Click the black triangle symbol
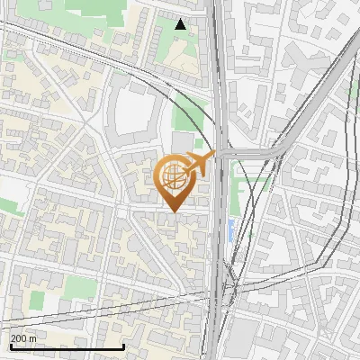181,24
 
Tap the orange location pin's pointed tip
173,211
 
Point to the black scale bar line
67,347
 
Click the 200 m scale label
23,338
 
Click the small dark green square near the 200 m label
37,300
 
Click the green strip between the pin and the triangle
188,117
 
